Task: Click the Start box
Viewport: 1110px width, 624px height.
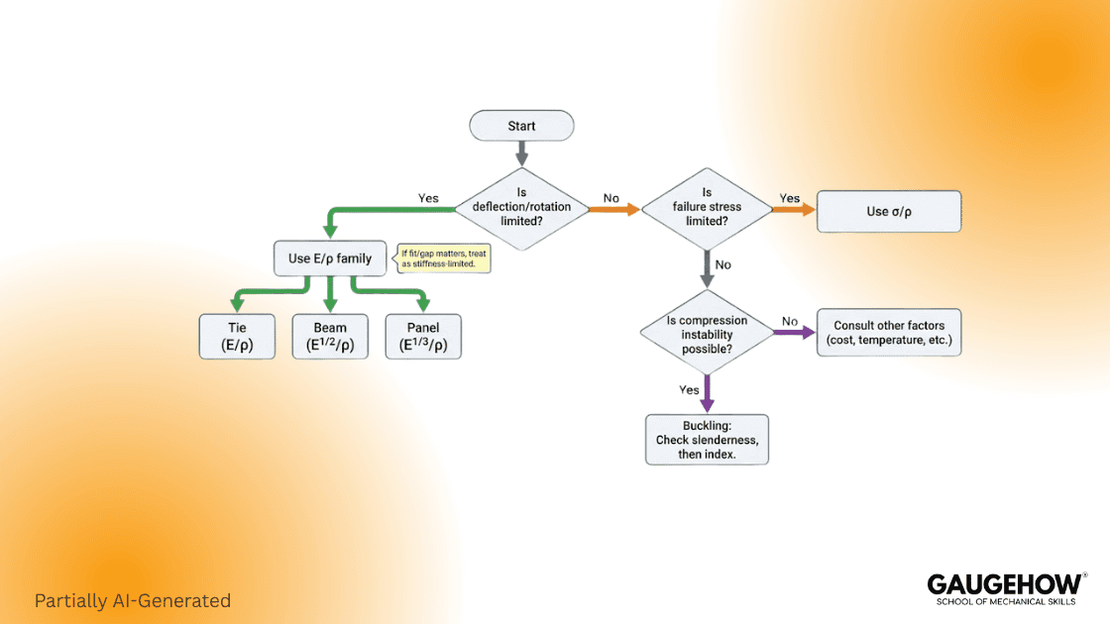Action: point(521,126)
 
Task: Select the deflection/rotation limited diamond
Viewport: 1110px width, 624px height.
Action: point(521,208)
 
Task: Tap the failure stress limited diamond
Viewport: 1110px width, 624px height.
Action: point(706,208)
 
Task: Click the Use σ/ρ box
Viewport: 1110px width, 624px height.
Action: point(888,211)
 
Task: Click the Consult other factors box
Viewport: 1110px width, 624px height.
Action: point(888,333)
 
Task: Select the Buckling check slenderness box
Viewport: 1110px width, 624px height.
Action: point(707,439)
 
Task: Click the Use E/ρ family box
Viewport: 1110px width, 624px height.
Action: point(329,259)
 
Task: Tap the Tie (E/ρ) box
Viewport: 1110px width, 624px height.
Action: point(237,337)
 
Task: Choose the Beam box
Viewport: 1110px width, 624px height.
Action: point(330,337)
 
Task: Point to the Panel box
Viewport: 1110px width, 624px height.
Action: point(424,337)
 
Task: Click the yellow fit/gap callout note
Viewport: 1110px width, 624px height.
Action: point(443,259)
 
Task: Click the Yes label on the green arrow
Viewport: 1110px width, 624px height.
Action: point(428,198)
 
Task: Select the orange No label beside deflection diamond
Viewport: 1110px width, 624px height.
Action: point(610,198)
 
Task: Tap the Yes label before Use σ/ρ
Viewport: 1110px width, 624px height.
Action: point(789,198)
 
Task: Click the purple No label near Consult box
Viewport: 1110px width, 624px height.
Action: point(789,321)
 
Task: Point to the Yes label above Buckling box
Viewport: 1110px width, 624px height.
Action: point(690,389)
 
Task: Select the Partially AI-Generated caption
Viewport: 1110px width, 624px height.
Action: point(132,600)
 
